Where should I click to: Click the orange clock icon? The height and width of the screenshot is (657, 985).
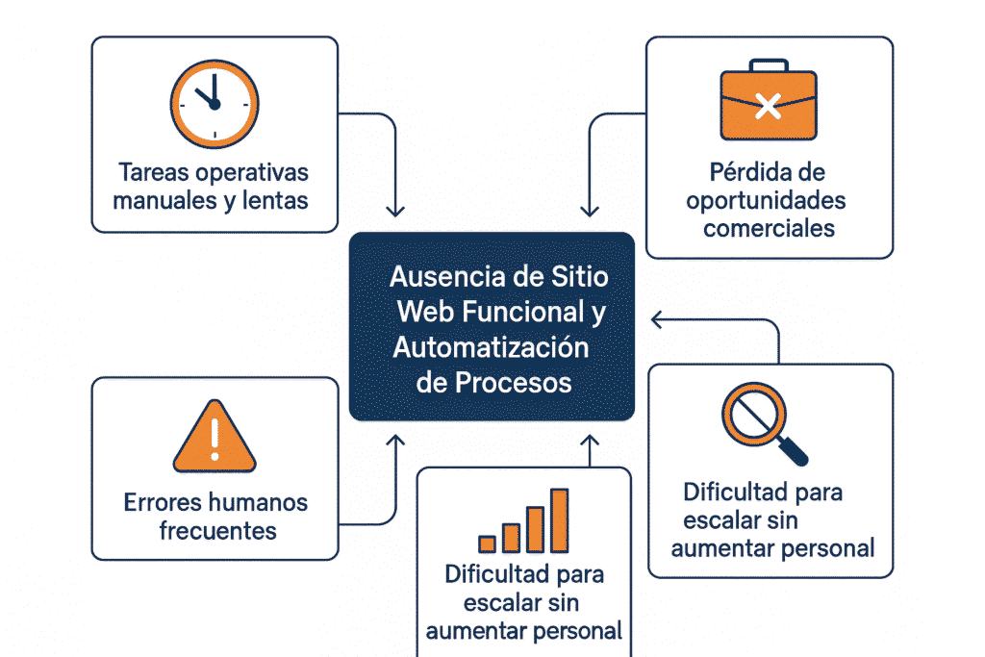pyautogui.click(x=215, y=104)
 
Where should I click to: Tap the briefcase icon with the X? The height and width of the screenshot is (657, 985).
pyautogui.click(x=769, y=99)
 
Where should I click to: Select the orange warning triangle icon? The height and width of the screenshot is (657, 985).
pyautogui.click(x=215, y=437)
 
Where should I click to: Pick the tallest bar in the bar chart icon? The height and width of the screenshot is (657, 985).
pyautogui.click(x=559, y=520)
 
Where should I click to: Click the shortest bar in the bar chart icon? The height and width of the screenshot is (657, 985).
pyautogui.click(x=487, y=543)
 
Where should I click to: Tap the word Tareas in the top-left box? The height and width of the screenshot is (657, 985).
pyautogui.click(x=147, y=172)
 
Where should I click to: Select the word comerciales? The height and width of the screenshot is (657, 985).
pyautogui.click(x=769, y=228)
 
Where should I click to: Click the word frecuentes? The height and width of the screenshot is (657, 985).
pyautogui.click(x=217, y=531)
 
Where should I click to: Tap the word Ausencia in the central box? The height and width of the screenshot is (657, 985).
pyautogui.click(x=448, y=276)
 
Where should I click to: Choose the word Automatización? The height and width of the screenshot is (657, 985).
pyautogui.click(x=491, y=347)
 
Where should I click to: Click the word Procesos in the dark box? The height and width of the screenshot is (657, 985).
pyautogui.click(x=514, y=383)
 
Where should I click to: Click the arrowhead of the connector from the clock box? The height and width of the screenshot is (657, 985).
pyautogui.click(x=395, y=211)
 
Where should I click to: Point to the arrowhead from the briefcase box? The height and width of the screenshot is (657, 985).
pyautogui.click(x=590, y=211)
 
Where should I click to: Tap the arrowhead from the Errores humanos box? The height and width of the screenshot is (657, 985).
pyautogui.click(x=395, y=441)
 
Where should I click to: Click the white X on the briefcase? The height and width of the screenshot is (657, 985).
pyautogui.click(x=769, y=106)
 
